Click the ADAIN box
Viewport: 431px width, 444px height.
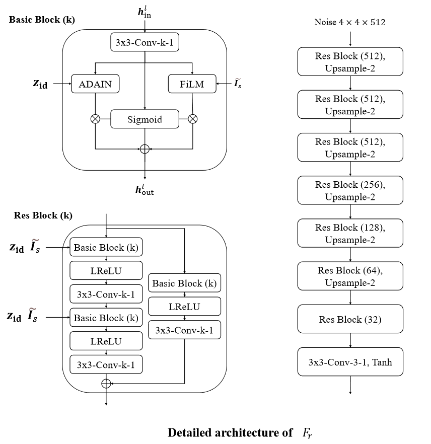95,84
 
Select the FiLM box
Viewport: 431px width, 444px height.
192,84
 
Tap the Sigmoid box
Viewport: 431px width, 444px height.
145,119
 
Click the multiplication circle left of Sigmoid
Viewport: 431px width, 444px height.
95,119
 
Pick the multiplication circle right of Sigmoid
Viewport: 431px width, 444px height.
192,119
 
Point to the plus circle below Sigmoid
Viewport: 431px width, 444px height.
145,149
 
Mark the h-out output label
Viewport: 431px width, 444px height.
145,189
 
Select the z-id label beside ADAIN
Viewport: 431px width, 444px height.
40,84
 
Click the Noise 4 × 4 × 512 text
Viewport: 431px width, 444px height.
350,22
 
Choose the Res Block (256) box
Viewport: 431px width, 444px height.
350,190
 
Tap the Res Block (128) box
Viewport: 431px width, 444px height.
350,233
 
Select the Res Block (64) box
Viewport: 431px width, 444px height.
350,276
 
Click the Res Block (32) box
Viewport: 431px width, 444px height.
350,319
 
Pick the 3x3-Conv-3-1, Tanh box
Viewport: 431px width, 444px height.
350,361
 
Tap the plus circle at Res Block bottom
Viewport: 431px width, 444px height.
106,384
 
